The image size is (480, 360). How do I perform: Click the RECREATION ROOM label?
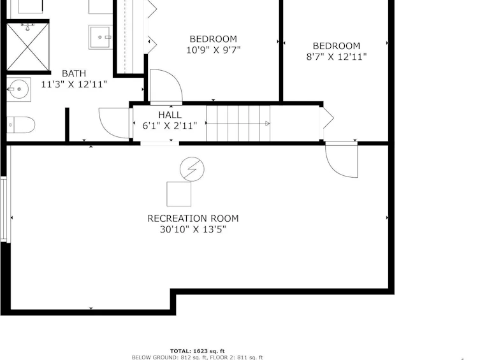click(x=193, y=219)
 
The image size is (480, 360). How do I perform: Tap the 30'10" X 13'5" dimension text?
click(x=193, y=229)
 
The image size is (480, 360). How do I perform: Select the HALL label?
click(x=170, y=115)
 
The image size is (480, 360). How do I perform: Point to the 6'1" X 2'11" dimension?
click(x=170, y=126)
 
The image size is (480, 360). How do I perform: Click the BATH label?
click(x=74, y=73)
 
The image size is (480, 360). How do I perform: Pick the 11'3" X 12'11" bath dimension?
click(x=74, y=84)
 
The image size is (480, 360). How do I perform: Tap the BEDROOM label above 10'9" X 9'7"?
click(x=213, y=39)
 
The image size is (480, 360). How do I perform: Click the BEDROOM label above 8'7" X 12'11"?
click(x=336, y=46)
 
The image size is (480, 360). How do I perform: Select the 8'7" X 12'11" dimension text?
click(x=336, y=57)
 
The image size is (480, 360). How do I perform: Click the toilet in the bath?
click(x=21, y=125)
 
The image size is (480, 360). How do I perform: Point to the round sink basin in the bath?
click(x=18, y=89)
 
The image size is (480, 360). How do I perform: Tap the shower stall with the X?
click(x=27, y=47)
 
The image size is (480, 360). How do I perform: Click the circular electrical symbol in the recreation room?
click(x=192, y=169)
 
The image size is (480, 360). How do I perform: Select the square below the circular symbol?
click(x=178, y=194)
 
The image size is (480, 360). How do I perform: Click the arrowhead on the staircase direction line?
click(x=267, y=123)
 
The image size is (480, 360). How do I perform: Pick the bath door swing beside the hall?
click(x=104, y=129)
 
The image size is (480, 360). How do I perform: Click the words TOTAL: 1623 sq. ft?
click(x=198, y=351)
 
